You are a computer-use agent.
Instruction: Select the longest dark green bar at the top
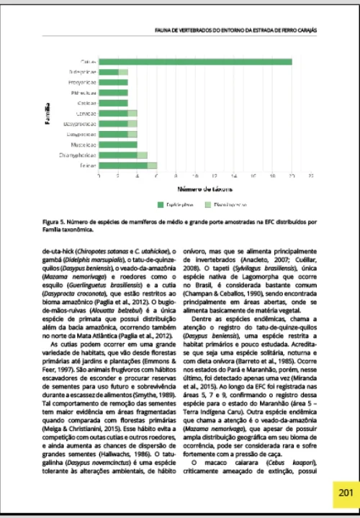coord(194,62)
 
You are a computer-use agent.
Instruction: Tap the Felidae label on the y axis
coord(88,165)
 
